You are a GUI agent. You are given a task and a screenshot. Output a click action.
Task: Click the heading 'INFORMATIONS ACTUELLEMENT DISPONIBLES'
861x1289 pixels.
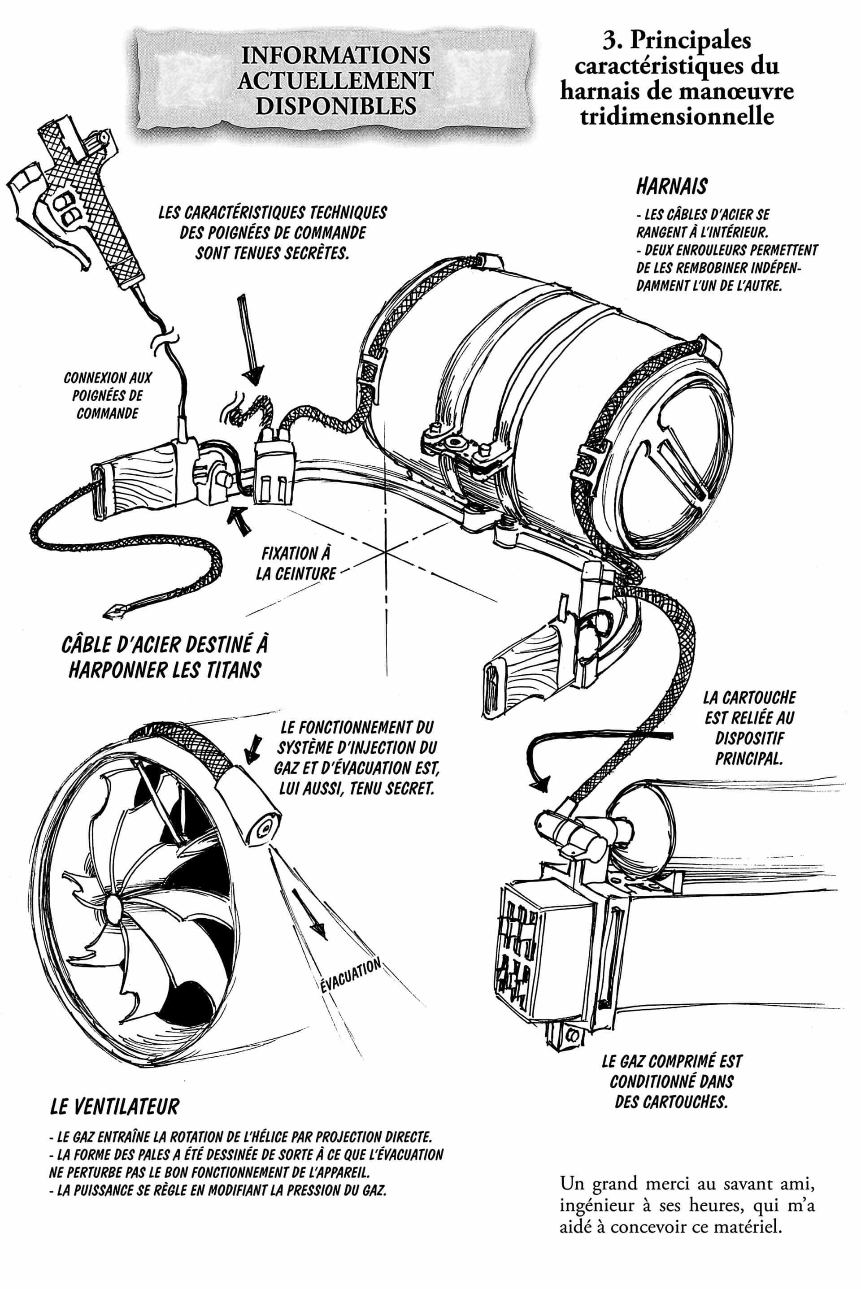335,80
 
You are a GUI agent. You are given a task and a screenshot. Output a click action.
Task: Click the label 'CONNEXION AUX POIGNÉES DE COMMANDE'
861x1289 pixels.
108,395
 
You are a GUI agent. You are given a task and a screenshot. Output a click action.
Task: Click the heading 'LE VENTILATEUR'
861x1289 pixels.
114,1107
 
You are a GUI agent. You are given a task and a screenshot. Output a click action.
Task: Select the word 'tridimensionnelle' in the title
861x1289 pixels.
677,117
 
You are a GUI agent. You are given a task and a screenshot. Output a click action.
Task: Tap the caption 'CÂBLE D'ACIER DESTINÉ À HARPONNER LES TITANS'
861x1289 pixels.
165,657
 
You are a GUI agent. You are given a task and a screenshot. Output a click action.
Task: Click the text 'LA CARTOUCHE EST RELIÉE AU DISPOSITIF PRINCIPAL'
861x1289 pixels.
749,728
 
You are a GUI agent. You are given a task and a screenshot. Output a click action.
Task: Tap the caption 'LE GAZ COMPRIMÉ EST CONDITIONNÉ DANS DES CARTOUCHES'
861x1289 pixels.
672,1081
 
